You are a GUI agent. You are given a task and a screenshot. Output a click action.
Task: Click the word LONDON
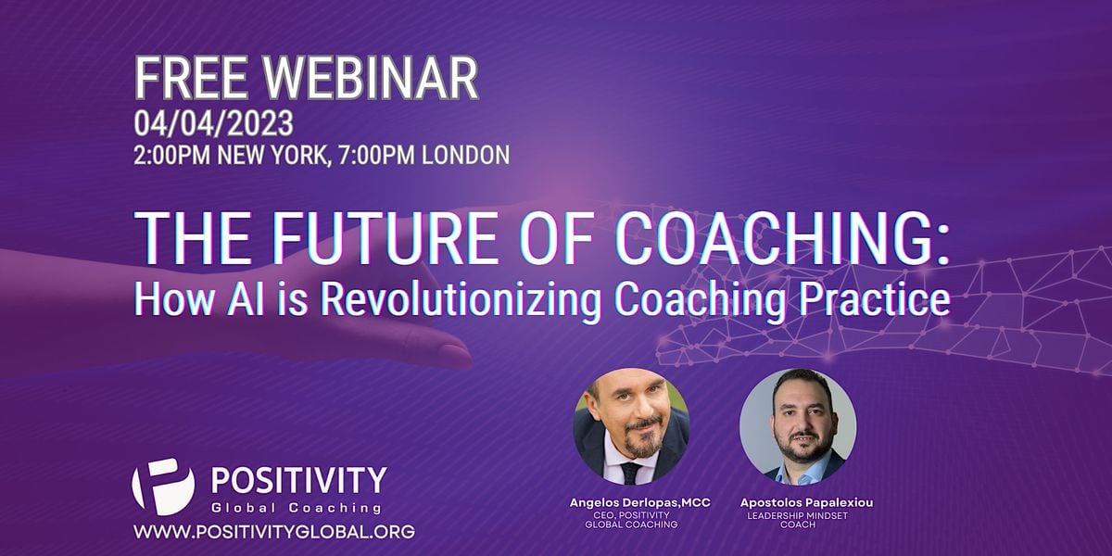point(465,154)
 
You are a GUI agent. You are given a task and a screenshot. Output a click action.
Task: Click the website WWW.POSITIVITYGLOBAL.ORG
point(274,533)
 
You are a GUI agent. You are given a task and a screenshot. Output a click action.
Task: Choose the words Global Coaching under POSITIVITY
point(297,508)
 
